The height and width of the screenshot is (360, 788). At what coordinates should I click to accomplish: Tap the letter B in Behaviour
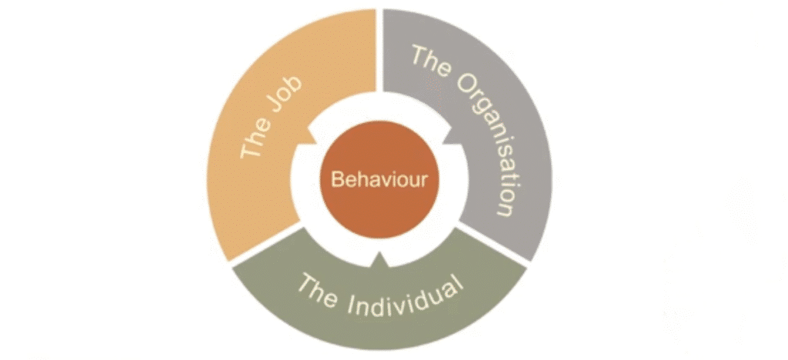(337, 179)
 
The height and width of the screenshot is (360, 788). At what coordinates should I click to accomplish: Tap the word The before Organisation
(427, 60)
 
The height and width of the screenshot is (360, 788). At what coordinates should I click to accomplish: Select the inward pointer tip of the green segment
(380, 254)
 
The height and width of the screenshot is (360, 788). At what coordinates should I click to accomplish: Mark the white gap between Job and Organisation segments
(379, 50)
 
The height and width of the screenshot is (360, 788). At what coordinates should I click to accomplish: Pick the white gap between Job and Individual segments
(267, 245)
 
